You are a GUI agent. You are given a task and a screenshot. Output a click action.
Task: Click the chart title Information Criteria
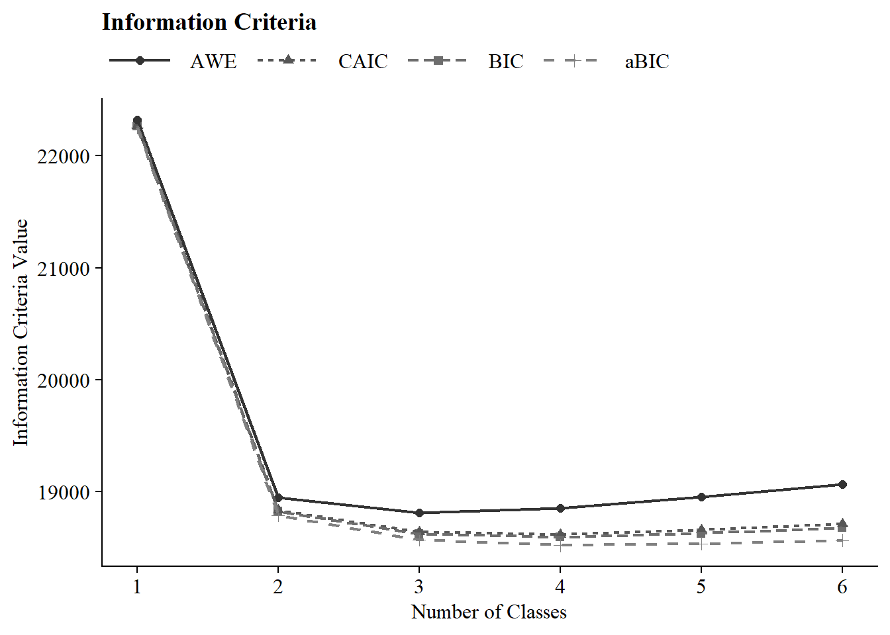coord(209,22)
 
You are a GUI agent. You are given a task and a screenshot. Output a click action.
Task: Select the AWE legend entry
coord(213,62)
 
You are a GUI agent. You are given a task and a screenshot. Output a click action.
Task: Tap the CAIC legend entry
coord(363,62)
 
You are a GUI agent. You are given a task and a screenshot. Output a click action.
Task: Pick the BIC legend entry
coord(506,62)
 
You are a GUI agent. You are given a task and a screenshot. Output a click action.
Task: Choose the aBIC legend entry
coord(647,62)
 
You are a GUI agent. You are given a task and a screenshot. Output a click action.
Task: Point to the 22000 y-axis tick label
coord(64,156)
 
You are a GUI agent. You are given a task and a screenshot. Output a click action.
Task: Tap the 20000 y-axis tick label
coord(64,380)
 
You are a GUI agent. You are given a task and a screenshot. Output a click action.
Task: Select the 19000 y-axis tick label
coord(64,492)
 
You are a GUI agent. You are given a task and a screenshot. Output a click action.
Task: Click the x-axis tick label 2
coord(278,587)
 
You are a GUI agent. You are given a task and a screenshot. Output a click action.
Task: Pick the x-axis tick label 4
coord(560,587)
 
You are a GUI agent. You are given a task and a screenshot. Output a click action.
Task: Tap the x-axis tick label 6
coord(842,587)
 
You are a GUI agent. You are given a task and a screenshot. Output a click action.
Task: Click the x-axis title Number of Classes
coord(489,612)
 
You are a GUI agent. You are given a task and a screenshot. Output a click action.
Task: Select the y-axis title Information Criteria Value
coord(21,333)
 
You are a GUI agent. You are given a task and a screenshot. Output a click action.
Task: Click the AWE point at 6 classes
coord(842,484)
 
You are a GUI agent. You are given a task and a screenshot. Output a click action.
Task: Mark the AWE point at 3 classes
coord(419,513)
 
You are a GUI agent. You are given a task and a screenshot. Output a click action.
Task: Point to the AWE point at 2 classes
coord(278,497)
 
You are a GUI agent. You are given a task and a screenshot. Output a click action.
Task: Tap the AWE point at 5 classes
coord(701,497)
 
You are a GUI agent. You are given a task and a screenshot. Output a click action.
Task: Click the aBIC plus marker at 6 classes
coord(842,540)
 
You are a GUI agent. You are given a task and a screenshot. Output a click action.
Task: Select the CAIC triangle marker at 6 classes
coord(842,523)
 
